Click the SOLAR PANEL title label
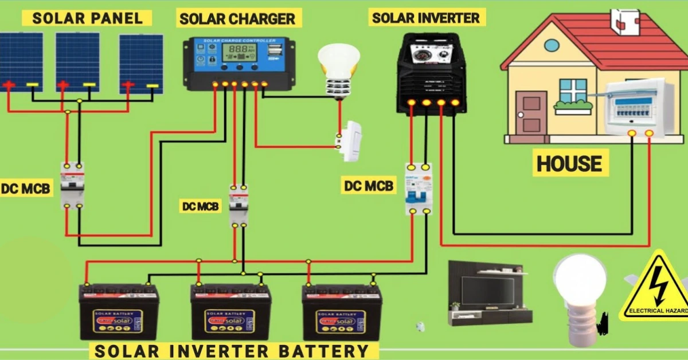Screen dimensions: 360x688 pos(87,17)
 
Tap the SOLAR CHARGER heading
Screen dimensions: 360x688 pos(237,18)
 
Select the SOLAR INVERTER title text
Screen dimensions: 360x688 pos(425,18)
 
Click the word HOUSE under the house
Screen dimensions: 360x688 pos(569,163)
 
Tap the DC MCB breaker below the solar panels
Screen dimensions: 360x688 pos(73,185)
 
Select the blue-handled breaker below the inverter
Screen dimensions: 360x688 pos(418,189)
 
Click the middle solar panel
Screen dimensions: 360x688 pos(77,61)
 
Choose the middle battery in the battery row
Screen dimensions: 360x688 pos(230,312)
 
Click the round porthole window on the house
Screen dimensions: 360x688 pos(551,45)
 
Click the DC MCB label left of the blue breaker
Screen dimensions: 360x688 pos(369,185)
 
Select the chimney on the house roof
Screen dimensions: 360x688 pos(626,21)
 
